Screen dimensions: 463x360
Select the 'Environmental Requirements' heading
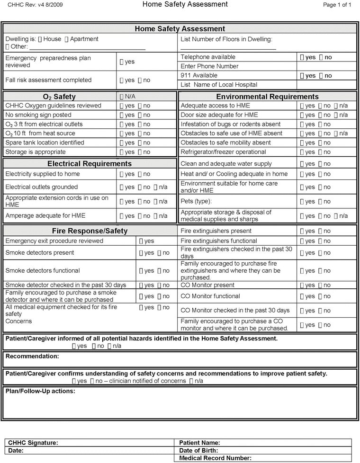click(x=267, y=97)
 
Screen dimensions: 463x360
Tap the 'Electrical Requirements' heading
click(x=90, y=164)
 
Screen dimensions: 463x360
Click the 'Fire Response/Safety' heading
click(x=90, y=231)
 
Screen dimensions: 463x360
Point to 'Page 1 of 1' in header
click(x=337, y=5)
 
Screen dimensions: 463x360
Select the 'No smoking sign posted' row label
click(x=38, y=115)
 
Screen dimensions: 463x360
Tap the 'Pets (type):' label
click(x=196, y=202)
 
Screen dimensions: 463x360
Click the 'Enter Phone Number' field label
click(x=209, y=66)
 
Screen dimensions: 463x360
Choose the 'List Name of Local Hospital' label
click(x=219, y=85)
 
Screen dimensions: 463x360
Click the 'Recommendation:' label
click(x=32, y=356)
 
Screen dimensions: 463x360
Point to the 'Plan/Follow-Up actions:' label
click(x=40, y=392)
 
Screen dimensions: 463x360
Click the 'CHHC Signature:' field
click(x=33, y=443)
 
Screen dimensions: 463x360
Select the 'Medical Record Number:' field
click(x=215, y=458)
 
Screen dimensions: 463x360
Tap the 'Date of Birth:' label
click(x=198, y=451)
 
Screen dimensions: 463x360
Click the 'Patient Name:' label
click(x=199, y=443)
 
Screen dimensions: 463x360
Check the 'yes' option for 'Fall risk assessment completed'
click(x=122, y=80)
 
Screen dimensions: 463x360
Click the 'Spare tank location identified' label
click(x=45, y=142)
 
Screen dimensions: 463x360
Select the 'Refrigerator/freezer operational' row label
click(x=223, y=152)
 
